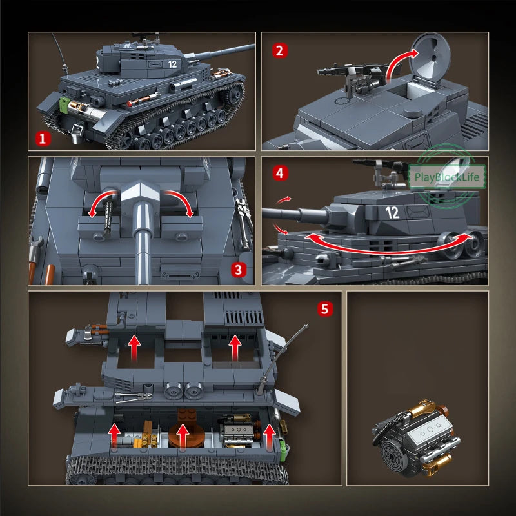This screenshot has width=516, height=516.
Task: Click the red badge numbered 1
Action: click(43, 139)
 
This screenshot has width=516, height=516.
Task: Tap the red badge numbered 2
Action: click(280, 51)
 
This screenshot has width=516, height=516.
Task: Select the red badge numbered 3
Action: click(238, 270)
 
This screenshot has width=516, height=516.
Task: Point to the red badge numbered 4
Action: click(280, 173)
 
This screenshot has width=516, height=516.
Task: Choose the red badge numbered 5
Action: click(325, 309)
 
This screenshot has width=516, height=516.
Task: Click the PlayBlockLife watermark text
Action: click(446, 177)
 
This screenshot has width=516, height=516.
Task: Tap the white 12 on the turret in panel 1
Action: click(172, 64)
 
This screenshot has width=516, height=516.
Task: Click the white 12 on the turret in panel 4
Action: click(392, 213)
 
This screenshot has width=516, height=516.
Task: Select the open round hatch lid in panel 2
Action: click(430, 60)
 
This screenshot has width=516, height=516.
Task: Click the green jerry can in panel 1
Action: click(64, 105)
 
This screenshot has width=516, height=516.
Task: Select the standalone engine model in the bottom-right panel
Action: click(416, 439)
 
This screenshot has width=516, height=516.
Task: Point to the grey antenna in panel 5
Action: click(281, 359)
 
